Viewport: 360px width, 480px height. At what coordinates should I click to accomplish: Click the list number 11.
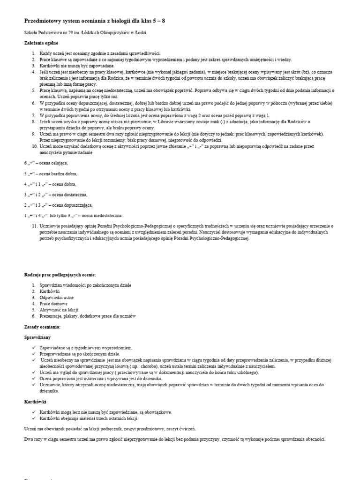click(34, 226)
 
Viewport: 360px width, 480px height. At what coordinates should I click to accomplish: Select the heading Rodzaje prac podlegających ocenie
click(60, 274)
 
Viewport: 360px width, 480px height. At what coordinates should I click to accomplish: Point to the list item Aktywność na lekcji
click(59, 310)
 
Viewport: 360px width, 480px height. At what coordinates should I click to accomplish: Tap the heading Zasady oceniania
click(42, 326)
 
